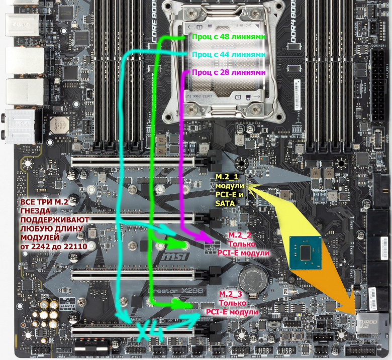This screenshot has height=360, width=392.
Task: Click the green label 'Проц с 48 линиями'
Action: tap(228, 37)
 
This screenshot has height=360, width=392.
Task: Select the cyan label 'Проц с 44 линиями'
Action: tap(228, 54)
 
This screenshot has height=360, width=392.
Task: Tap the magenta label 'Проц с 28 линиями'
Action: tap(228, 72)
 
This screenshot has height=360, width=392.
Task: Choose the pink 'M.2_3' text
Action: tap(230, 294)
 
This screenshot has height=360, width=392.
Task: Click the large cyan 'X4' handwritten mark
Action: tap(149, 332)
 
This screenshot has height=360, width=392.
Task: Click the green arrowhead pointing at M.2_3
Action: tap(187, 305)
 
